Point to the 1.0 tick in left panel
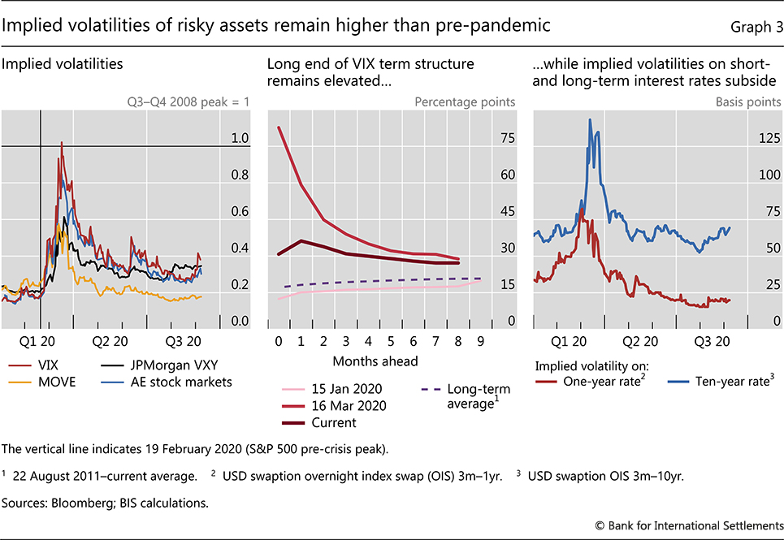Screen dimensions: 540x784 click(x=216, y=139)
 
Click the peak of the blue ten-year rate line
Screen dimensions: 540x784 click(x=590, y=119)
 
